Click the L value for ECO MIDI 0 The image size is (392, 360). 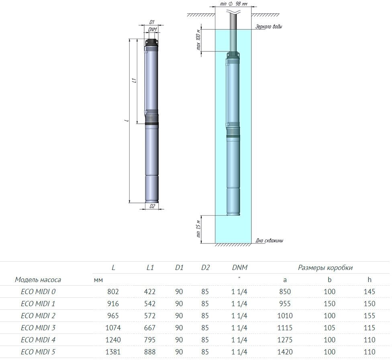(x=113, y=291)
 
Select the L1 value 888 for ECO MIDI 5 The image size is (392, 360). (x=150, y=352)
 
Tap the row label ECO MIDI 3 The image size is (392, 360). (x=38, y=328)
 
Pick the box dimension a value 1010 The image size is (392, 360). (x=285, y=316)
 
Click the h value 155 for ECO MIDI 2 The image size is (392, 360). (x=370, y=316)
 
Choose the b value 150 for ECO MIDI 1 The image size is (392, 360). (x=329, y=304)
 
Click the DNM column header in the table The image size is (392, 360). (x=240, y=268)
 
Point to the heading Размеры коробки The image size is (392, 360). (x=325, y=268)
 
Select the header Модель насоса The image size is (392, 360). (x=38, y=280)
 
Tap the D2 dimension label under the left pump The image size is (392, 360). (x=152, y=206)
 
